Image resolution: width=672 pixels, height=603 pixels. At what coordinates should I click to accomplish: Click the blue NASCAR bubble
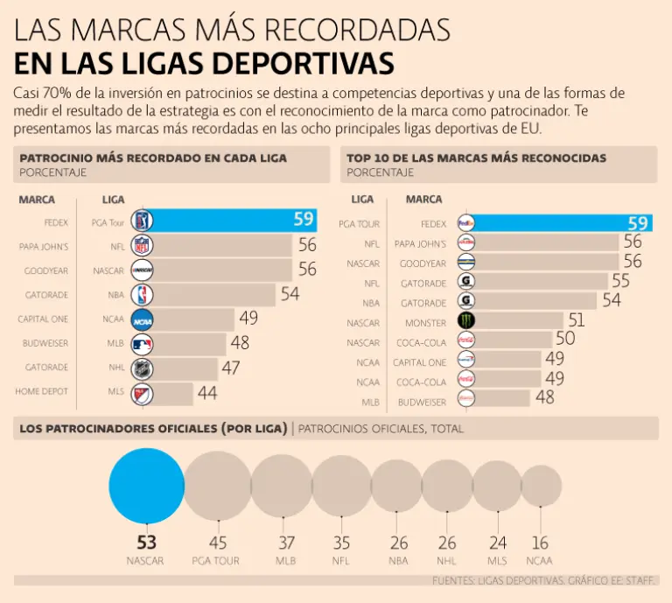pyautogui.click(x=146, y=487)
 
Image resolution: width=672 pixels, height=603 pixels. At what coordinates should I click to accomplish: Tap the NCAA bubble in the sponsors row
pyautogui.click(x=541, y=487)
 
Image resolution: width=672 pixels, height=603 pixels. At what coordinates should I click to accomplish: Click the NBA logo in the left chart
pyautogui.click(x=142, y=295)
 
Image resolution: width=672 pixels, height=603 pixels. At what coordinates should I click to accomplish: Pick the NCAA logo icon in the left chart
pyautogui.click(x=142, y=319)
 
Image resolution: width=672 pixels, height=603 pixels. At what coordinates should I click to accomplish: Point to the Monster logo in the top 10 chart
pyautogui.click(x=467, y=321)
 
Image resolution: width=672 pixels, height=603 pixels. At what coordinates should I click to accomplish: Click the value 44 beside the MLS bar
pyautogui.click(x=206, y=393)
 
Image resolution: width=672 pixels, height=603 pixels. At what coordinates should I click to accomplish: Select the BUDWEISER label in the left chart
pyautogui.click(x=45, y=344)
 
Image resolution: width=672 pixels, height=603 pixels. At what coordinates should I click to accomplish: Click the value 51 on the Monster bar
pyautogui.click(x=576, y=320)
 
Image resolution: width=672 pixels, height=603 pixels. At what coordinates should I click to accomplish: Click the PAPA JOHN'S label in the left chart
pyautogui.click(x=44, y=247)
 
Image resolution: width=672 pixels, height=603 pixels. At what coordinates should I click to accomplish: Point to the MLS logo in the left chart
pyautogui.click(x=142, y=393)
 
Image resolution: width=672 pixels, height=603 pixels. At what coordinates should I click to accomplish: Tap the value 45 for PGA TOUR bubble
pyautogui.click(x=217, y=543)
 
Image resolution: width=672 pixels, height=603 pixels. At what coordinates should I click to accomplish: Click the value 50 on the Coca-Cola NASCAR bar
pyautogui.click(x=564, y=339)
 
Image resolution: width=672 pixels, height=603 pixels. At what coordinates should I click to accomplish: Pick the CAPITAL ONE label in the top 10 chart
pyautogui.click(x=420, y=362)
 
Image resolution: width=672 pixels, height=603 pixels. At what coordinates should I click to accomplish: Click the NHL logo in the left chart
pyautogui.click(x=142, y=368)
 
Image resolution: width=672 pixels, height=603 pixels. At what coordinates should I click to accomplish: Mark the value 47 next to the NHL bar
pyautogui.click(x=230, y=368)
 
